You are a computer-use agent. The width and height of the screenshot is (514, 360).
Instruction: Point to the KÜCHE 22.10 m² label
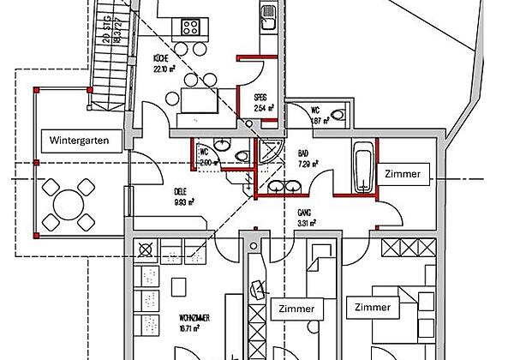(x=164, y=63)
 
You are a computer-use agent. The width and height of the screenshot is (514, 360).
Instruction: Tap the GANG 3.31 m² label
(x=308, y=219)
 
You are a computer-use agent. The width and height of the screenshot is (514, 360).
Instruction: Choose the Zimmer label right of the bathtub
(x=403, y=174)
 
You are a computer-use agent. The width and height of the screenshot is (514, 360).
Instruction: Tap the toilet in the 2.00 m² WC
(x=242, y=155)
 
